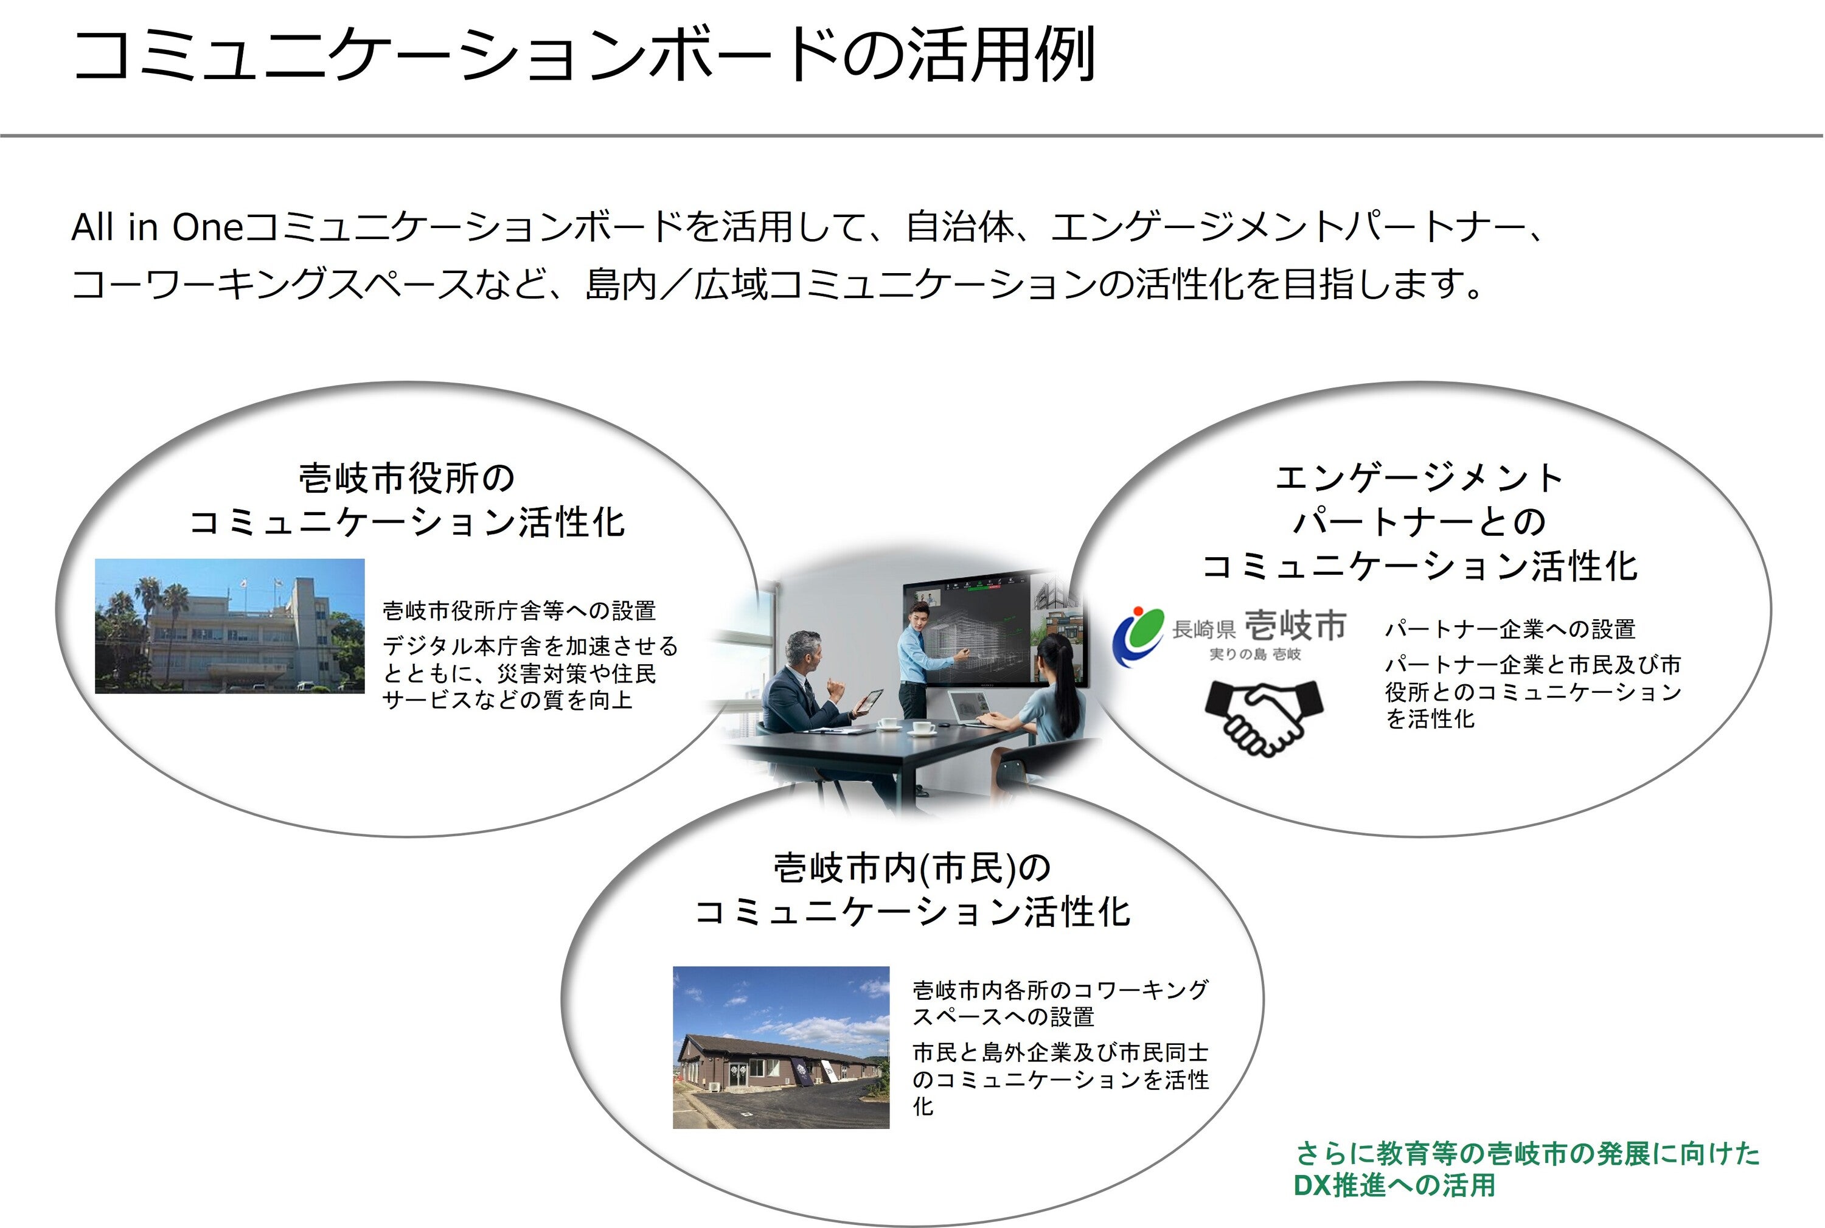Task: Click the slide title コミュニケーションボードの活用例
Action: point(583,55)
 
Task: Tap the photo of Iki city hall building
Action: point(229,626)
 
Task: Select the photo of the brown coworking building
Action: point(781,1047)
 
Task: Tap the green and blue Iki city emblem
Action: point(1139,637)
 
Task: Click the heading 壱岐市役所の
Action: point(406,477)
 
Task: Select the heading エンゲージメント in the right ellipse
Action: point(1419,477)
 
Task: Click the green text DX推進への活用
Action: point(1394,1185)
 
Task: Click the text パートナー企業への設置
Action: point(1509,629)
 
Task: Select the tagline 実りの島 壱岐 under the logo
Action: point(1255,654)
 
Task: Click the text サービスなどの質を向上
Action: point(507,699)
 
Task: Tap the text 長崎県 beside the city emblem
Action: point(1204,628)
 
